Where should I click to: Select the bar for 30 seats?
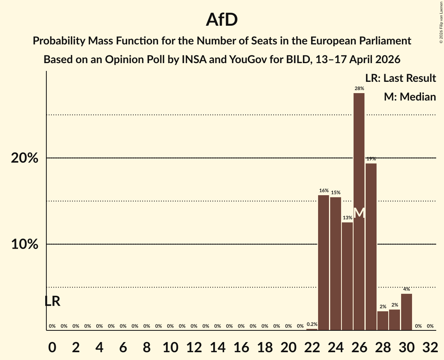coord(406,312)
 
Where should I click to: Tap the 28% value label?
coord(359,89)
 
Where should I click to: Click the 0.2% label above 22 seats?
coord(312,324)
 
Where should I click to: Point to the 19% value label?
coord(371,159)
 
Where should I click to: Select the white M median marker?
coord(359,213)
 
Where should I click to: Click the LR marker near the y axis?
coord(52,301)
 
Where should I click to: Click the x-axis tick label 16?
coord(241,347)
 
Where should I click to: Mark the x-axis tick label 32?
coord(430,347)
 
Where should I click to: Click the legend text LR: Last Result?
coord(400,78)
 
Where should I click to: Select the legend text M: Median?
coord(410,97)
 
